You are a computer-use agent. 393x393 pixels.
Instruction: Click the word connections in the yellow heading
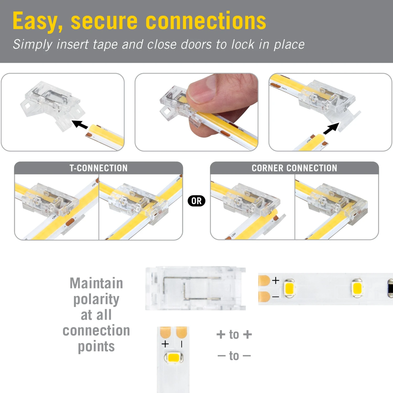click(206, 21)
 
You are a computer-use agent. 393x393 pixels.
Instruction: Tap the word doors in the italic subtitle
click(196, 44)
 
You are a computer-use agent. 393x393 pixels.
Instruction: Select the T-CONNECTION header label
click(98, 168)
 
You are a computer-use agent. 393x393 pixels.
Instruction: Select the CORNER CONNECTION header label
click(294, 168)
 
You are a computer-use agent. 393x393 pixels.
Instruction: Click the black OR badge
click(196, 201)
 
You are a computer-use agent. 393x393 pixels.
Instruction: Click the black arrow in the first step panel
click(80, 124)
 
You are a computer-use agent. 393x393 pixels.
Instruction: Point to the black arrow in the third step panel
click(331, 129)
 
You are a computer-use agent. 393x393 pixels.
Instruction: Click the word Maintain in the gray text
click(96, 283)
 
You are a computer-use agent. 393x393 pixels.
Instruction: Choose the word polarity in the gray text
click(96, 299)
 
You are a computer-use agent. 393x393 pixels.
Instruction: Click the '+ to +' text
click(234, 335)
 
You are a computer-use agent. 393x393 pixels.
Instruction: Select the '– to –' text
click(234, 356)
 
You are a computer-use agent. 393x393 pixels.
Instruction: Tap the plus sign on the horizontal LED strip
click(275, 281)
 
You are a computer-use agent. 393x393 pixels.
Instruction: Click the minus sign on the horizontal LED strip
click(275, 297)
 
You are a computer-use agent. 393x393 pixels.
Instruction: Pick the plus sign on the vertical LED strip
click(165, 344)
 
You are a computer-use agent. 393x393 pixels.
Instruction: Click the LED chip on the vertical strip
click(173, 358)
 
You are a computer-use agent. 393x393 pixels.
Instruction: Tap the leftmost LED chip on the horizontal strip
click(289, 288)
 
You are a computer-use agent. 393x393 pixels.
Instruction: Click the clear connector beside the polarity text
click(195, 288)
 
